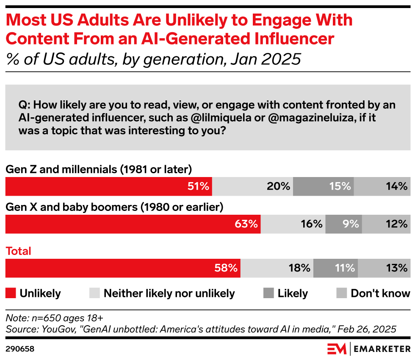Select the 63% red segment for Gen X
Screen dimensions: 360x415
[x=133, y=224]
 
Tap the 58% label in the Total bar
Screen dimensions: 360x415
[x=226, y=268]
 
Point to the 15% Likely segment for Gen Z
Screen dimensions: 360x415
[x=324, y=186]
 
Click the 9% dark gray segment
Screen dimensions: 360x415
[x=343, y=224]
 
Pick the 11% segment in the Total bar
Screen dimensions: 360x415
[x=335, y=268]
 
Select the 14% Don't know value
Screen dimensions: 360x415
[x=397, y=186]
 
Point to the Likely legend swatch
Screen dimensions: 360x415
[x=268, y=293]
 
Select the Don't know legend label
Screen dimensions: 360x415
[x=380, y=293]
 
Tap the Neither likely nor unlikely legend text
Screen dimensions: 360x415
[x=169, y=293]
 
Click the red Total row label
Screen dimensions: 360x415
[x=18, y=251]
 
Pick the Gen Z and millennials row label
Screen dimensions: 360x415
[x=99, y=169]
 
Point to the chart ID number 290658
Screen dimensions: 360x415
[x=20, y=349]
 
